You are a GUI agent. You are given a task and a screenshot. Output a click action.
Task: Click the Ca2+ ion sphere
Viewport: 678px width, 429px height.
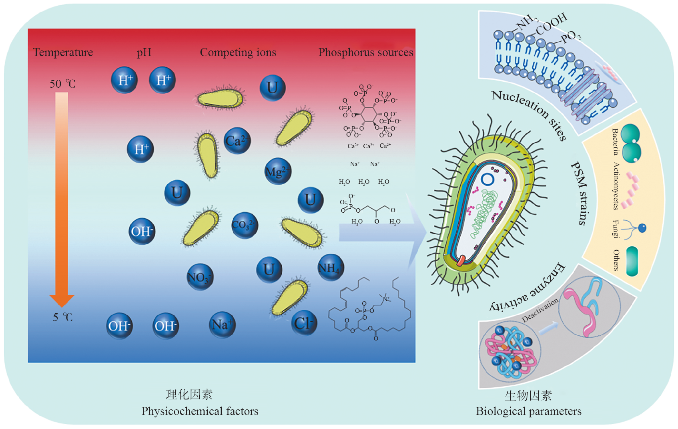(x=237, y=141)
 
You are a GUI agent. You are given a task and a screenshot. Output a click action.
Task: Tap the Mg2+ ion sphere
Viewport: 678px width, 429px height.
(x=278, y=171)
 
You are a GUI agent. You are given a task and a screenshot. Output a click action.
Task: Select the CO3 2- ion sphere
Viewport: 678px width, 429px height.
(x=245, y=225)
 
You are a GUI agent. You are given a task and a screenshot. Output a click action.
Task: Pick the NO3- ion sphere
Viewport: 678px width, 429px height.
(x=200, y=277)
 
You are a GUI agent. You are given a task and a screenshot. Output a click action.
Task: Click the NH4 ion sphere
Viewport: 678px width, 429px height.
(x=330, y=268)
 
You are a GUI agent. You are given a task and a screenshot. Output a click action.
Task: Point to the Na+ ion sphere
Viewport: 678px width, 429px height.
(x=222, y=324)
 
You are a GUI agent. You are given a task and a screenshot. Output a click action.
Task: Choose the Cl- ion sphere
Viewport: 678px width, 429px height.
(x=304, y=323)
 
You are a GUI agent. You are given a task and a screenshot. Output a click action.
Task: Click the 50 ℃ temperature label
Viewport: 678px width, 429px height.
(x=62, y=84)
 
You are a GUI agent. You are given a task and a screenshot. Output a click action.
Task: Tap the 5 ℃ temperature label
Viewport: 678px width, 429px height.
(x=63, y=317)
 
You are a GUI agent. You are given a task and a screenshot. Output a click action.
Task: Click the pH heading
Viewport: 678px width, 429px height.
(x=144, y=52)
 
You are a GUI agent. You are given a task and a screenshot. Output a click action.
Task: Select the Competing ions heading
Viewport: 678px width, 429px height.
(x=238, y=52)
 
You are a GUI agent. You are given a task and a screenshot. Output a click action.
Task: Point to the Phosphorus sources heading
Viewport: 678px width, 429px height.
(x=365, y=52)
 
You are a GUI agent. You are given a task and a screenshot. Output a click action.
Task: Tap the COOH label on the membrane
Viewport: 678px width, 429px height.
(x=552, y=24)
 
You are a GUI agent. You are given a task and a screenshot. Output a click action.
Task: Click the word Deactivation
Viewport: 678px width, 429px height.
(x=540, y=310)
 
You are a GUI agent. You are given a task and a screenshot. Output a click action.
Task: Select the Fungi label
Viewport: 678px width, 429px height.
(x=616, y=229)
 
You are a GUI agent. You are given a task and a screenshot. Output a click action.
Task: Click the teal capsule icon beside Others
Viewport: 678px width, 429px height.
(x=632, y=261)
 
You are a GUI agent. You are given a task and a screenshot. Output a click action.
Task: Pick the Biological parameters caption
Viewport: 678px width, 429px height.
(x=528, y=411)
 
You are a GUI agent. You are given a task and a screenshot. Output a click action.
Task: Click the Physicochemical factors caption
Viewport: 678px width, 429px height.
(x=200, y=411)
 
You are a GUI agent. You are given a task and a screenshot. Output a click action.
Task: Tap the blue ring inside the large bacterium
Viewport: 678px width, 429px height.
(x=487, y=179)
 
